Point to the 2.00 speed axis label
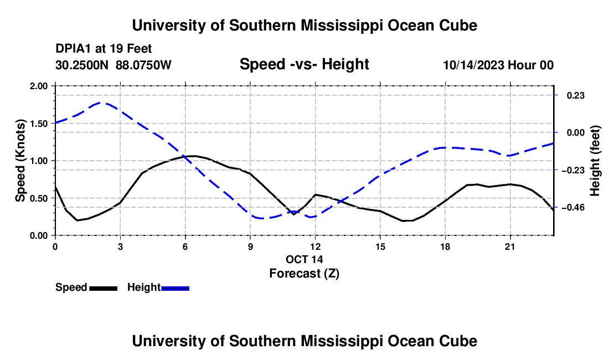tap(38, 86)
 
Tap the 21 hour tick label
tap(510, 246)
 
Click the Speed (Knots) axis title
tap(20, 161)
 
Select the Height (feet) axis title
tap(595, 161)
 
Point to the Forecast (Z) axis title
tap(304, 274)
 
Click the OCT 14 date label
tap(304, 259)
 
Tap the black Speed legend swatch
tap(104, 289)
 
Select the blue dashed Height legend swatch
tap(175, 289)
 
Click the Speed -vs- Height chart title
tap(304, 64)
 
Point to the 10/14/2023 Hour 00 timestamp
tap(498, 65)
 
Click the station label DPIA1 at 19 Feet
tap(104, 49)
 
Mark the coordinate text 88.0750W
tap(143, 65)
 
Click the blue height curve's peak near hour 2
tap(101, 103)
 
